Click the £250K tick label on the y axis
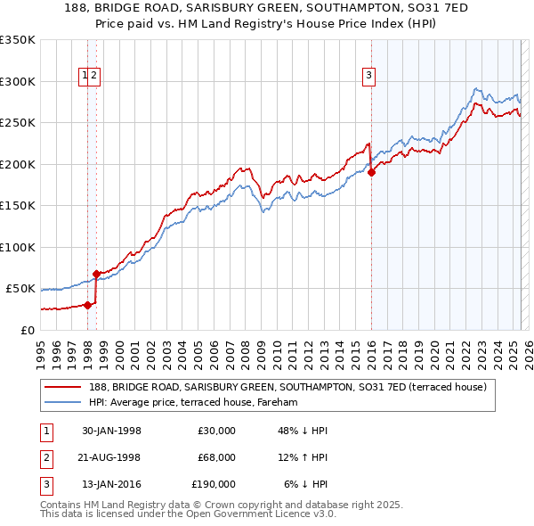(18, 123)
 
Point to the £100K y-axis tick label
(18, 247)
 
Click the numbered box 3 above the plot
(368, 77)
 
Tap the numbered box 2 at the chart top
(94, 77)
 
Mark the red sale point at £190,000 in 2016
(371, 173)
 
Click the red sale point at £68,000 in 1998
(96, 274)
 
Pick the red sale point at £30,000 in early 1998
(87, 305)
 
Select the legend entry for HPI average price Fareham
(193, 403)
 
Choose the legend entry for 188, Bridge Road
(287, 388)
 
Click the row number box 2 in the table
(45, 457)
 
